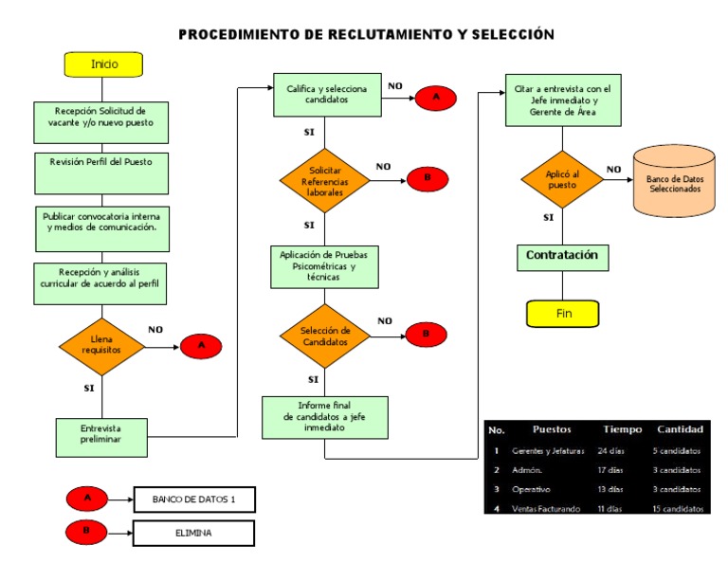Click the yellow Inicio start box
pyautogui.click(x=103, y=64)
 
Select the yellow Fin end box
pyautogui.click(x=562, y=314)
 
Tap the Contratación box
pyautogui.click(x=562, y=256)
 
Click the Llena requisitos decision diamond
pyautogui.click(x=101, y=345)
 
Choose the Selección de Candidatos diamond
pyautogui.click(x=325, y=336)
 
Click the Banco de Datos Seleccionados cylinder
pyautogui.click(x=675, y=184)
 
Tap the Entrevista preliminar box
pyautogui.click(x=101, y=434)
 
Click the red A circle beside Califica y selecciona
pyautogui.click(x=436, y=98)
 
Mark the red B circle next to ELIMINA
pyautogui.click(x=86, y=533)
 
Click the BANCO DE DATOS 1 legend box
pyautogui.click(x=193, y=499)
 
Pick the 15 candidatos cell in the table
pyautogui.click(x=677, y=509)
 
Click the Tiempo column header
pyautogui.click(x=622, y=429)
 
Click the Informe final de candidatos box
pyautogui.click(x=325, y=417)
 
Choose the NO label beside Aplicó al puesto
pyautogui.click(x=614, y=170)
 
